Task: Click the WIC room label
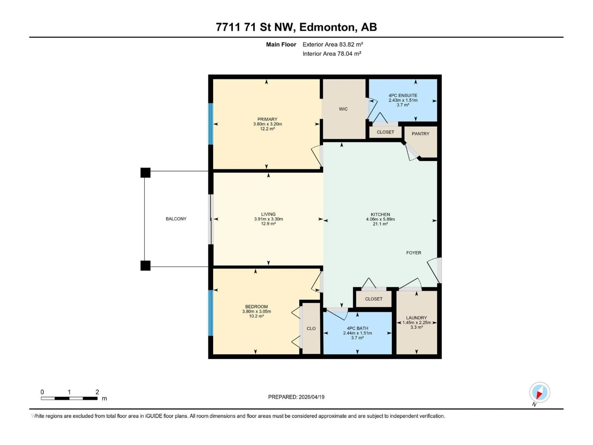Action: click(343, 109)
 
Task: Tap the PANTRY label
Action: click(420, 134)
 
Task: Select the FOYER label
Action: click(413, 253)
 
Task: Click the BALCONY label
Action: click(176, 219)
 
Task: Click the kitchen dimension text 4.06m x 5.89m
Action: click(380, 219)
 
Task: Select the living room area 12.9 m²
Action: click(268, 224)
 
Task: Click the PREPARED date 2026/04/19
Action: click(311, 397)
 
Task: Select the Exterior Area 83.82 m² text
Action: click(332, 44)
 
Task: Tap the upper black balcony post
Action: click(145, 172)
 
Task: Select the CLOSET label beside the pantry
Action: click(385, 132)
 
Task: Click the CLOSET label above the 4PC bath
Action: click(373, 299)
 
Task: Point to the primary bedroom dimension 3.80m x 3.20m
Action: click(267, 124)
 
